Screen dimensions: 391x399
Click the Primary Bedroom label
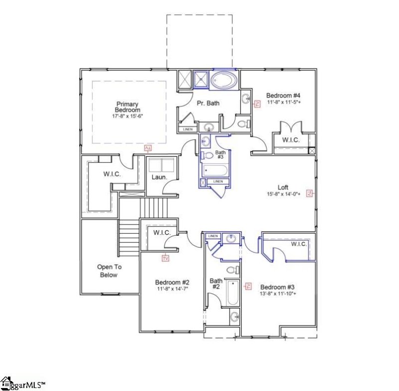(x=127, y=107)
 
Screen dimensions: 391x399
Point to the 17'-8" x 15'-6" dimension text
(x=127, y=116)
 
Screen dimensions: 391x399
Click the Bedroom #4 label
(x=283, y=95)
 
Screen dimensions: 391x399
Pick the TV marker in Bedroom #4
(x=257, y=104)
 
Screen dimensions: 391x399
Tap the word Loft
(x=283, y=188)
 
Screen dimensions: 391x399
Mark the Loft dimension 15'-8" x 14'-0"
(x=283, y=195)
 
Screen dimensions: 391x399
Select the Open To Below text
(x=109, y=271)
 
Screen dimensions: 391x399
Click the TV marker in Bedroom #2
(x=166, y=258)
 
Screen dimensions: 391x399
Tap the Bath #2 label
(x=215, y=284)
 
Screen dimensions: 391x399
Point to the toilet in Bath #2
(x=231, y=270)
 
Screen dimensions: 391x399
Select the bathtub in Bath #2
(x=233, y=293)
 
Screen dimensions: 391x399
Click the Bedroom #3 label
(x=278, y=287)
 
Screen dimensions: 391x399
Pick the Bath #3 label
(x=220, y=154)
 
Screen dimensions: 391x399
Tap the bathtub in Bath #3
(x=215, y=171)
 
